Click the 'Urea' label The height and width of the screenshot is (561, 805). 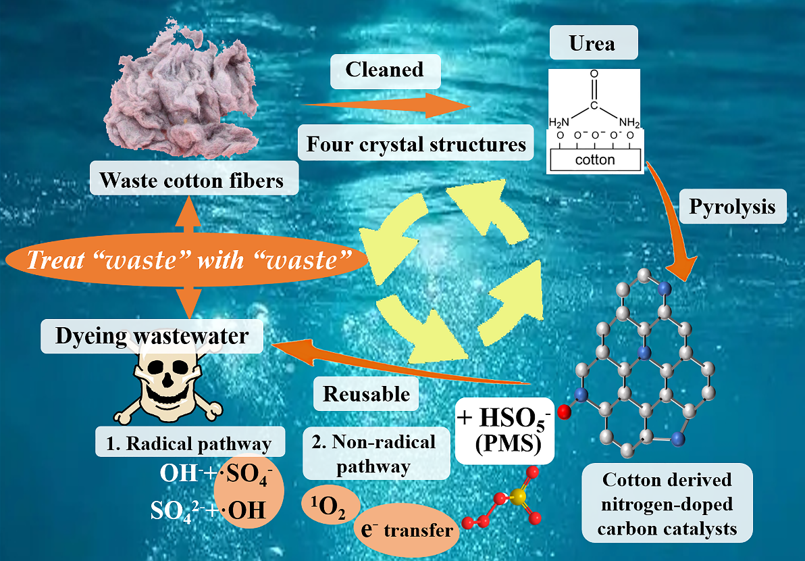[592, 45]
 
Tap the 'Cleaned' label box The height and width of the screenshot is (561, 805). [384, 70]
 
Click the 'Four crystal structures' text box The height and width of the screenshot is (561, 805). [416, 144]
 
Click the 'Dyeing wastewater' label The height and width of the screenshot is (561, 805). [151, 335]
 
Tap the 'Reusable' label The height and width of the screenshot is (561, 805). [367, 393]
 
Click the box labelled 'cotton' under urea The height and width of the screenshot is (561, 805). [595, 160]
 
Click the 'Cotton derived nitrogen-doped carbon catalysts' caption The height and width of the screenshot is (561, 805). [667, 504]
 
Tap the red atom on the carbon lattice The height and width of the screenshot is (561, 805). [566, 409]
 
